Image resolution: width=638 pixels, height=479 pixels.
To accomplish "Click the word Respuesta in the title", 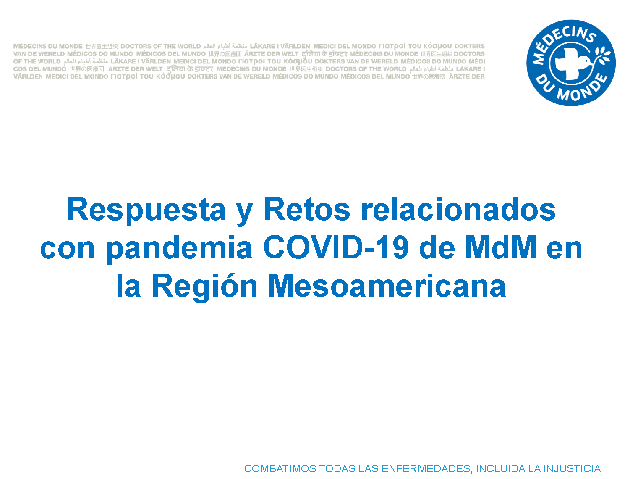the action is click(x=146, y=211).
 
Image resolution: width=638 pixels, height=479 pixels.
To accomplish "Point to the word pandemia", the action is click(x=179, y=249).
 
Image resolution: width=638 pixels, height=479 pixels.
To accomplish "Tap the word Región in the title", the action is click(x=205, y=287).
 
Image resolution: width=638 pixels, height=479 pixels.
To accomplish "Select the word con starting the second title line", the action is click(x=68, y=250).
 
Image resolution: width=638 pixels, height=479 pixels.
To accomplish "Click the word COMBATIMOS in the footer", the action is click(x=280, y=468).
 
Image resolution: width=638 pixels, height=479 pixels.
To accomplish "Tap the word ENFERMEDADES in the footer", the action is click(x=426, y=469).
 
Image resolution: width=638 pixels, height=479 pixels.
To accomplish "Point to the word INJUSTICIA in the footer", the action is click(x=572, y=468).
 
